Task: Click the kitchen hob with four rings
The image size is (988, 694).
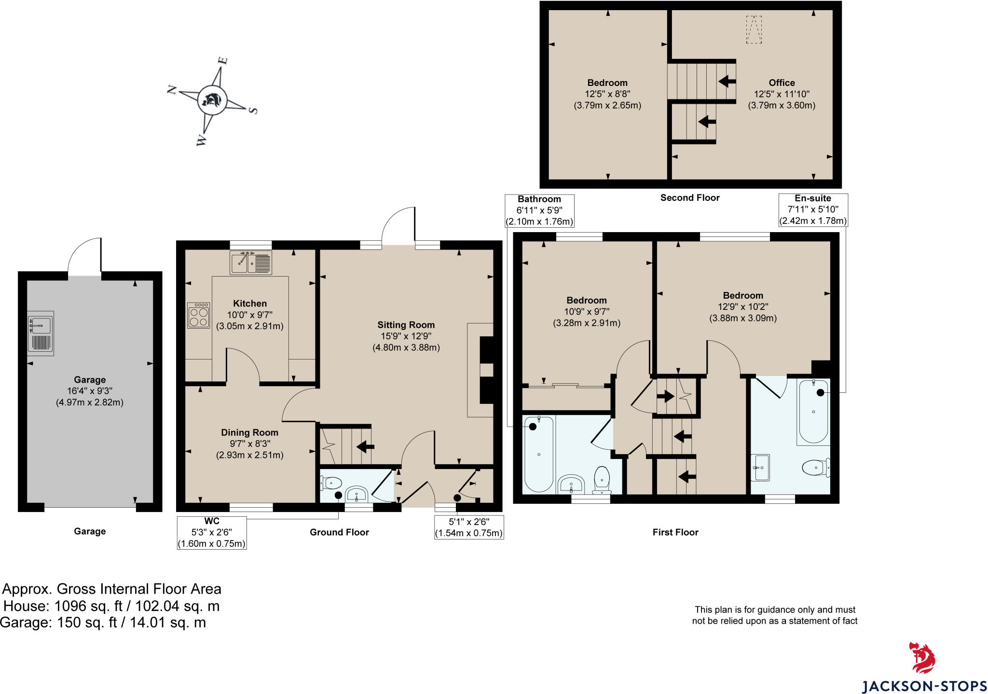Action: tap(198, 315)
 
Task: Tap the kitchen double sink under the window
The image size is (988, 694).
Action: tap(250, 263)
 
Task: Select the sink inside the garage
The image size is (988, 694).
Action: tap(41, 333)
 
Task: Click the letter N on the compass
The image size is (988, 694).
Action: tap(171, 90)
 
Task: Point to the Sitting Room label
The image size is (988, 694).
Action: tap(406, 325)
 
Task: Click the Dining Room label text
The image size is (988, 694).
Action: tap(249, 432)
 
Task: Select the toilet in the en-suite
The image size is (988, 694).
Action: tap(816, 467)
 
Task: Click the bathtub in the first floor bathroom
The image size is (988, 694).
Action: tap(538, 454)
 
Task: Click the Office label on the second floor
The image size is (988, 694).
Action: tap(782, 83)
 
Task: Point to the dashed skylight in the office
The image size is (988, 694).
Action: tap(754, 30)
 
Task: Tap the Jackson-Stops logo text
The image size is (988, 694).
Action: tap(924, 686)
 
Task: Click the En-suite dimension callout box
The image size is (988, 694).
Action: tap(813, 210)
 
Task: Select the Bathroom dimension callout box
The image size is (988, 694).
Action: tap(539, 210)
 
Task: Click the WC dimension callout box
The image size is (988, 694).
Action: tap(212, 532)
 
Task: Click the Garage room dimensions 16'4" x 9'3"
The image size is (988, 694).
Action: tap(90, 391)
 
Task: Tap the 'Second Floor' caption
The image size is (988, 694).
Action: tap(689, 197)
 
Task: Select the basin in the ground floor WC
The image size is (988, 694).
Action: tap(357, 494)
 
